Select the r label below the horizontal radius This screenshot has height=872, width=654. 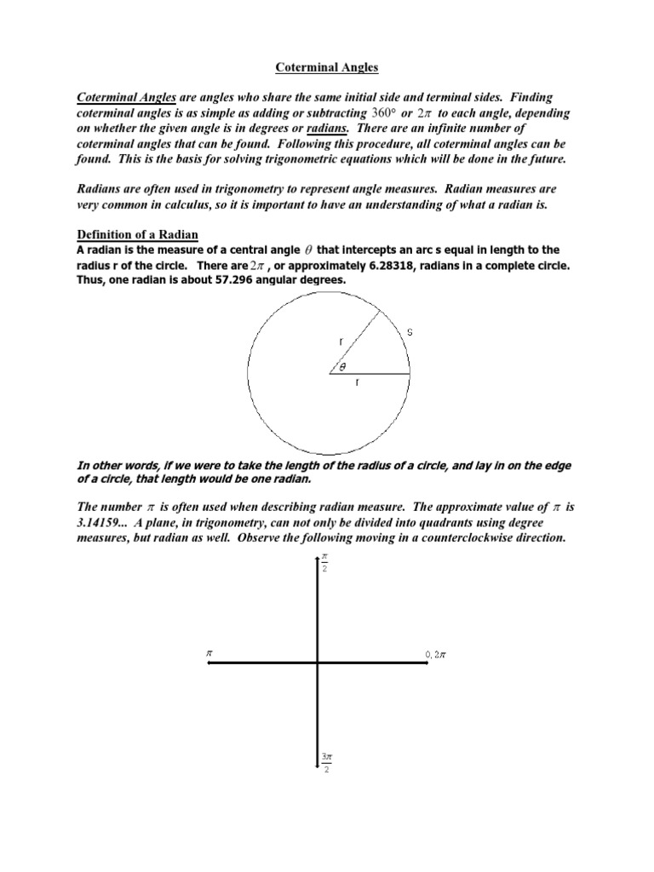pyautogui.click(x=358, y=383)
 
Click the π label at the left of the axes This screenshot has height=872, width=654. pyautogui.click(x=207, y=653)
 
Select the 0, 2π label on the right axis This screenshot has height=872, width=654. pyautogui.click(x=436, y=654)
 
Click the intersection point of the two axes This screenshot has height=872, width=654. pyautogui.click(x=318, y=665)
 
